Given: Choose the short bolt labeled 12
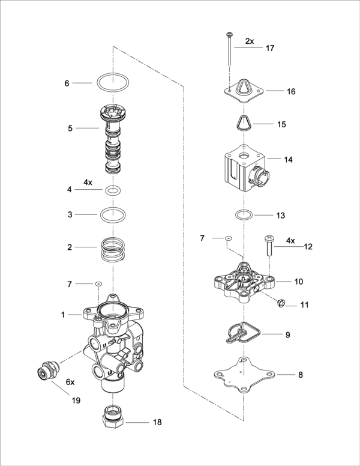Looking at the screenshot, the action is coord(269,246).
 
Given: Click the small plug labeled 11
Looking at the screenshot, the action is coord(280,303).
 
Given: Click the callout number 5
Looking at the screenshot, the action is coord(70,129).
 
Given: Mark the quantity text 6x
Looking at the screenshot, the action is coord(70,382).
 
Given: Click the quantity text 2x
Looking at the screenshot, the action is coord(250,41).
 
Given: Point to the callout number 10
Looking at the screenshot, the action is coord(299,282).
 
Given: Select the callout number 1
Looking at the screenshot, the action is coord(63,315).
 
